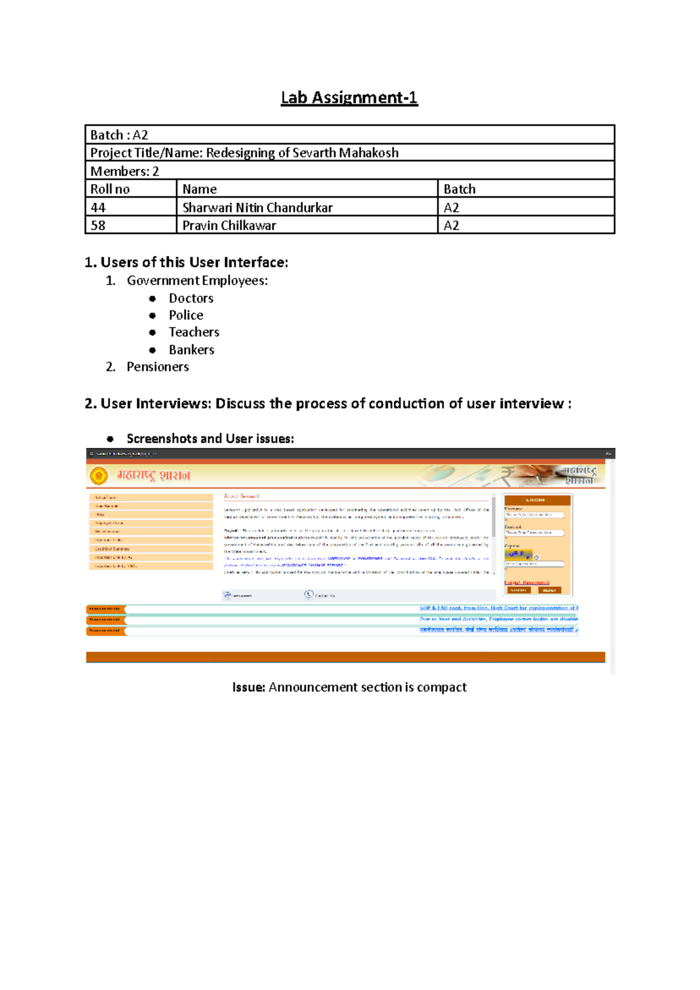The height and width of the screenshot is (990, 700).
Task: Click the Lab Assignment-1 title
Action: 349,97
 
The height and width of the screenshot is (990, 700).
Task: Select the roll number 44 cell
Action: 98,208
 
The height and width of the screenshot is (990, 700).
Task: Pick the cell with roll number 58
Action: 98,226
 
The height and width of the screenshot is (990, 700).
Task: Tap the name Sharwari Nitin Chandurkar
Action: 257,208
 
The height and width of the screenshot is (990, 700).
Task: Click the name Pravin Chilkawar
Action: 229,226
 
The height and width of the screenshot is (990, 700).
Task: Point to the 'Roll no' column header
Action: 110,189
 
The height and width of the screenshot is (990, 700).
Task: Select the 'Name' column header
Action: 199,189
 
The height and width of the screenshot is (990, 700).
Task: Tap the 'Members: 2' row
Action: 125,171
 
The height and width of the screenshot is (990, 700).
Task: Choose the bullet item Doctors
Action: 191,298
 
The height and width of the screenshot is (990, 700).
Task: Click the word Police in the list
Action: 186,315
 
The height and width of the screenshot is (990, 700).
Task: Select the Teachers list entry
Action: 194,332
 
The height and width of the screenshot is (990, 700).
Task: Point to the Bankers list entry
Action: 192,349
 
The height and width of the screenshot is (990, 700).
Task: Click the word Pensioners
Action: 157,366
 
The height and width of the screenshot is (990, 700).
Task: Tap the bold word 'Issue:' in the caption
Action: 249,687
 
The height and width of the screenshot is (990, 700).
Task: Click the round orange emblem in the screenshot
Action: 99,475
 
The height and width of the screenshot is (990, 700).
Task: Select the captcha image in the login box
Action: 519,554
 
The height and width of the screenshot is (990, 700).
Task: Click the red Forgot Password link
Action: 527,582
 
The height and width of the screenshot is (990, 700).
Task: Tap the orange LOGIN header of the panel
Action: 535,500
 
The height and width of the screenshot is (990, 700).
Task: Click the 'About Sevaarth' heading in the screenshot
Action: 242,496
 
